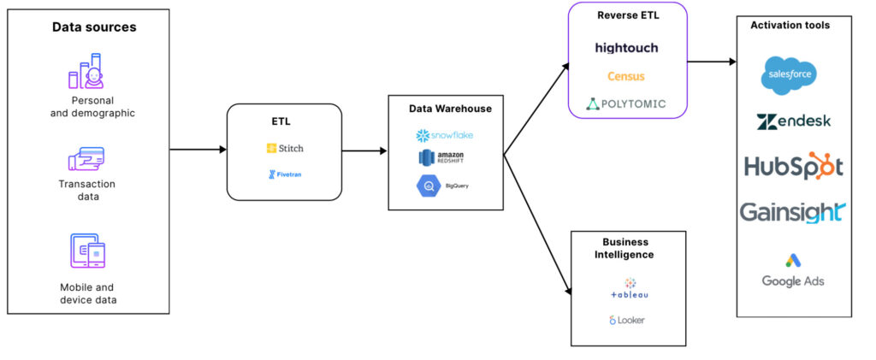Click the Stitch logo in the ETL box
click(x=285, y=149)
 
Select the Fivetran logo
click(x=285, y=174)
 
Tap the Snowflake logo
click(x=445, y=136)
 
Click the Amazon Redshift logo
click(x=441, y=157)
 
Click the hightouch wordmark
click(x=626, y=48)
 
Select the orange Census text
click(x=625, y=76)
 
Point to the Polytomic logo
click(x=625, y=103)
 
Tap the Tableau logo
click(x=630, y=288)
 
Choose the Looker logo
click(x=626, y=321)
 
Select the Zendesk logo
click(x=793, y=121)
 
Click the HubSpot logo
click(x=793, y=166)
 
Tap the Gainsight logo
click(x=793, y=213)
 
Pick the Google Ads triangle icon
click(x=793, y=260)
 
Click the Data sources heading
click(x=94, y=27)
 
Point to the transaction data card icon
click(x=86, y=159)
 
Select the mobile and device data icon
click(x=88, y=251)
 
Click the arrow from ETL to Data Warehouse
click(x=364, y=150)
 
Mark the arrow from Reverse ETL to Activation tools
click(x=712, y=62)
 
